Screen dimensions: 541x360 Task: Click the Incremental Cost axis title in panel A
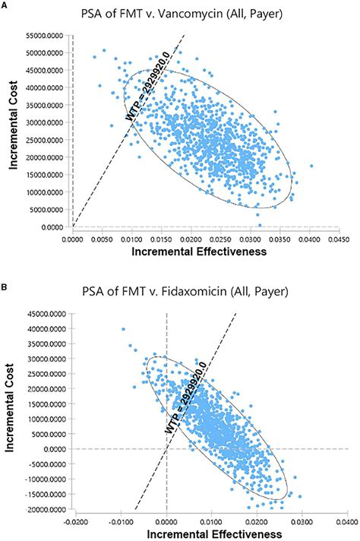[x=11, y=131]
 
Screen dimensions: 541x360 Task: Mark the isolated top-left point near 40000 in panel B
[x=122, y=329]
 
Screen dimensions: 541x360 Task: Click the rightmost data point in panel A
[x=311, y=166]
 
